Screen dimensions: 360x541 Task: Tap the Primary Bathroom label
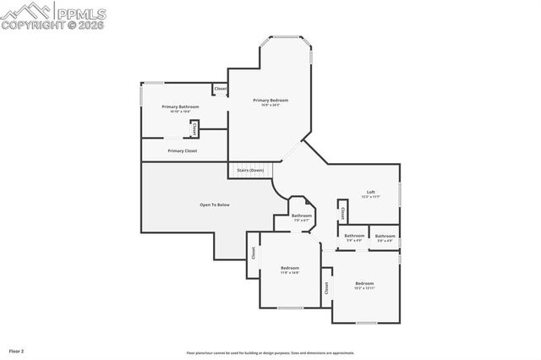(180, 106)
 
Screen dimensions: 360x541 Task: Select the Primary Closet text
(182, 150)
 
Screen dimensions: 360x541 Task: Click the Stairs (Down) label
(249, 170)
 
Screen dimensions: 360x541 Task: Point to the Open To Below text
(214, 205)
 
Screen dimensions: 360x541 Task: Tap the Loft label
(370, 192)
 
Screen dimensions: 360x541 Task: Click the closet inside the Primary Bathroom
(195, 129)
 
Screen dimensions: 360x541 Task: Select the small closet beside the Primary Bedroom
(220, 89)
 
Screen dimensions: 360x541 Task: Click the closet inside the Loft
(342, 210)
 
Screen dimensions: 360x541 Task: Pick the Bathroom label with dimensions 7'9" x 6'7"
(302, 215)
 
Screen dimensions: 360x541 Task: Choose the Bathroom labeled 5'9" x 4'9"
(354, 236)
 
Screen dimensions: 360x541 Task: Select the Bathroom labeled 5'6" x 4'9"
(385, 236)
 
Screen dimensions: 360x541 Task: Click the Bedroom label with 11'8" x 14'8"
(290, 268)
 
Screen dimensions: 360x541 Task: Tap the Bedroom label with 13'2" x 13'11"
(364, 283)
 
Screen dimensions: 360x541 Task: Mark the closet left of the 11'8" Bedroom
(252, 252)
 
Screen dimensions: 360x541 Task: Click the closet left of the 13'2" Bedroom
(325, 288)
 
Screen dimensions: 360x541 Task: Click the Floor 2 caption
(16, 350)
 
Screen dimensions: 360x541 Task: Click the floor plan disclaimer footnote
(270, 353)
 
